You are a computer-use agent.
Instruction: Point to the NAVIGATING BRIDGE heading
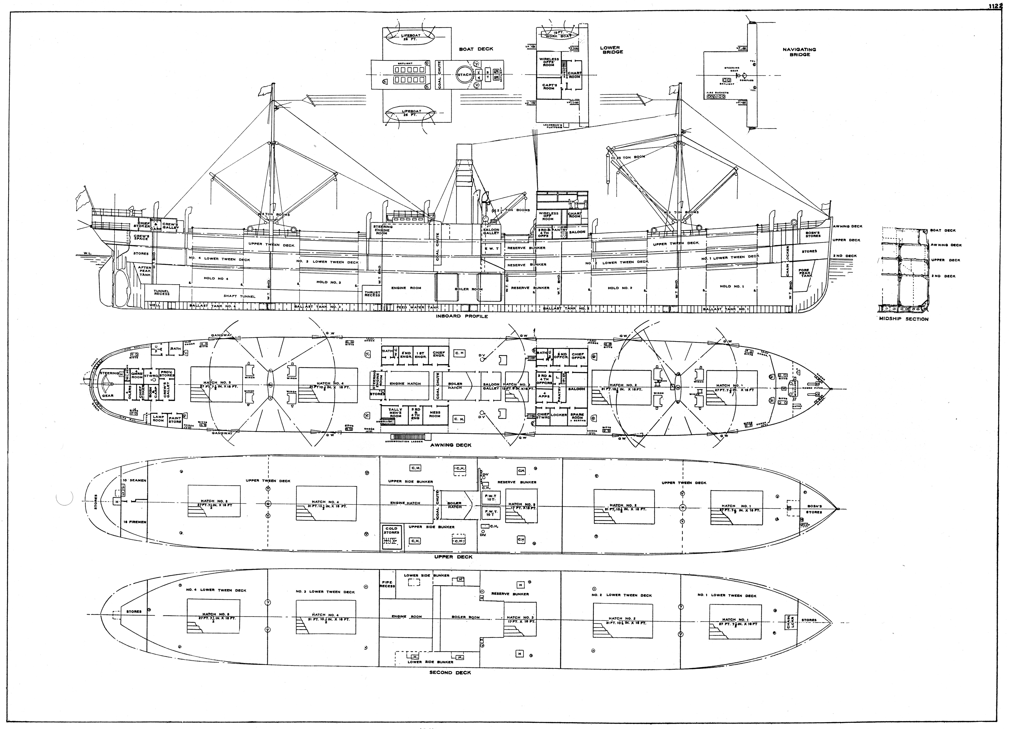(799, 52)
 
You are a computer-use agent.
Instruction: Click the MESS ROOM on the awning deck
(435, 414)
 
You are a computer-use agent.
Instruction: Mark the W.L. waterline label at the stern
(87, 254)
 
